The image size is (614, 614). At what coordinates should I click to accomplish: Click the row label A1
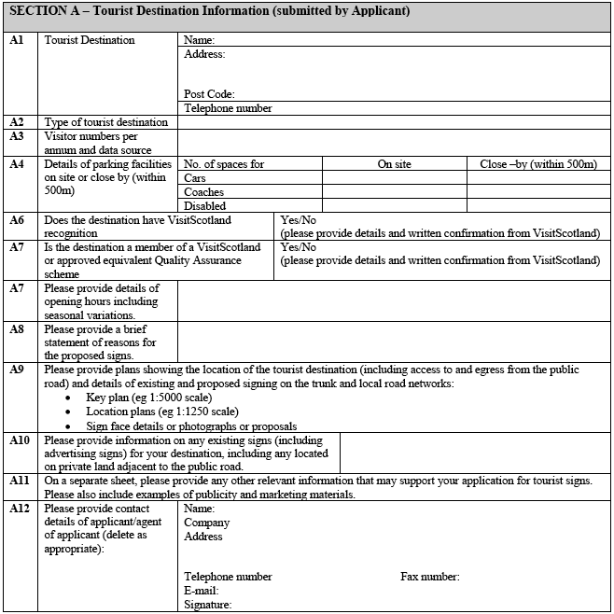(16, 41)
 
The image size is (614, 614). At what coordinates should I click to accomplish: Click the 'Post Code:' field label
(209, 94)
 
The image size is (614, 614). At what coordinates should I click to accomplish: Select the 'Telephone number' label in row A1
(228, 108)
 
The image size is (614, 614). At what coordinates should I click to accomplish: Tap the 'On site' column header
(394, 164)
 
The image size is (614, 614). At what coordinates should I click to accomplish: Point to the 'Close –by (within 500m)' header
(538, 164)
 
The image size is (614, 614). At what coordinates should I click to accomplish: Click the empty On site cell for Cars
(394, 178)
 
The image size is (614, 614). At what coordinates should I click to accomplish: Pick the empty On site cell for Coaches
(394, 192)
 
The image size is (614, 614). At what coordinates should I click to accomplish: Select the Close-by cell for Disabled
(538, 206)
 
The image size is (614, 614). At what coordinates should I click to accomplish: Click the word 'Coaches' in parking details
(204, 192)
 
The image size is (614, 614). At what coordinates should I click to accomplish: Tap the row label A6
(16, 220)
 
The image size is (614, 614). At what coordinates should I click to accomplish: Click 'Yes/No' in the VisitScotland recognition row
(298, 220)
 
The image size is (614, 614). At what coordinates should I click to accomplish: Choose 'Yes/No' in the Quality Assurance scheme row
(298, 247)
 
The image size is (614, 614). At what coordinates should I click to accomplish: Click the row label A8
(16, 329)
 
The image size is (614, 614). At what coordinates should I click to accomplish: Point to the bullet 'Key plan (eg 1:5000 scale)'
(141, 398)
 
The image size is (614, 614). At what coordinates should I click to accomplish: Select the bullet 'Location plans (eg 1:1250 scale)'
(161, 411)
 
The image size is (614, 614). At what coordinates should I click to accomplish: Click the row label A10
(20, 440)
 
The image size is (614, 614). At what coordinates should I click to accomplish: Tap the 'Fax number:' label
(430, 577)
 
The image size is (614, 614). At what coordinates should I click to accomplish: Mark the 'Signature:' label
(208, 605)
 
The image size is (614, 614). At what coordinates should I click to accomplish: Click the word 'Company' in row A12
(206, 523)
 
